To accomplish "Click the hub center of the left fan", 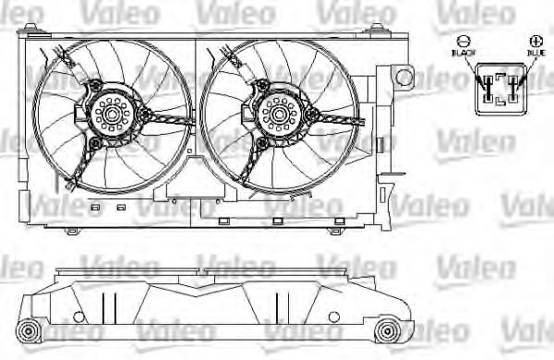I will point(113,115).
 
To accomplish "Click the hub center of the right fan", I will point(276,115).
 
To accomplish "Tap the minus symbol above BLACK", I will point(465,42).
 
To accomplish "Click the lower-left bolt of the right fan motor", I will point(260,145).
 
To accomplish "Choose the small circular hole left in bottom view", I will point(77,318).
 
